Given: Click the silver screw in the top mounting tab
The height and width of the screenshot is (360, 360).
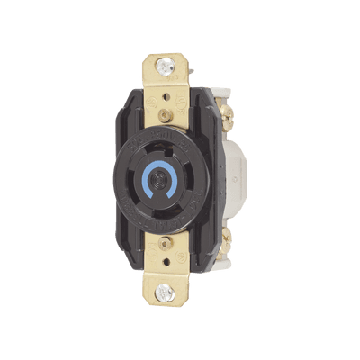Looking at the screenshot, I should [x=165, y=64].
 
